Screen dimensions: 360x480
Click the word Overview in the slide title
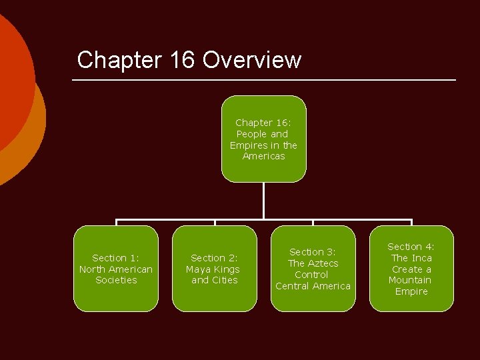coord(252,60)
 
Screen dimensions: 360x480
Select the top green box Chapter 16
coord(263,139)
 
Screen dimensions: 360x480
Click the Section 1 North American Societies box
coord(116,269)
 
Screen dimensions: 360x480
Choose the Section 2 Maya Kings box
coord(214,269)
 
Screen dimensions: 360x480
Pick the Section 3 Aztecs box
coord(313,269)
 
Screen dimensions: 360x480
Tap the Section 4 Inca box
coord(411,269)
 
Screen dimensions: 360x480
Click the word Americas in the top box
coord(263,156)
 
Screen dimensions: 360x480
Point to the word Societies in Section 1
coord(116,280)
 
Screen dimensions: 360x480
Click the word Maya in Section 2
coord(198,269)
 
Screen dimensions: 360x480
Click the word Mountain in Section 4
coord(410,280)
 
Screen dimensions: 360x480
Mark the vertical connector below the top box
coord(264,200)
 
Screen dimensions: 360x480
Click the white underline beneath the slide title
coord(264,81)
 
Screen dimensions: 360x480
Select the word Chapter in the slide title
coord(119,60)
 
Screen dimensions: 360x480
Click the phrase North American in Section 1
coord(116,269)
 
